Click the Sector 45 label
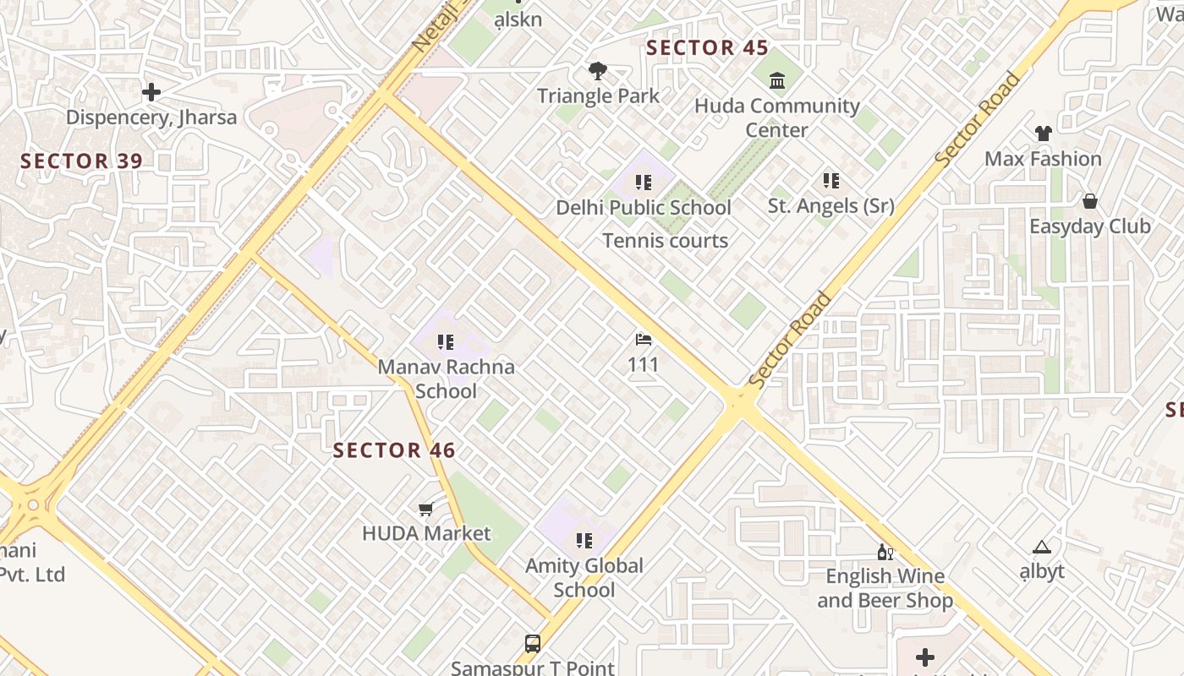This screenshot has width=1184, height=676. pos(707,48)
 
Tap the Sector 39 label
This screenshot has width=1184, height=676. pos(81,161)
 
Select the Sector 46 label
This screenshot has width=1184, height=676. pos(394,450)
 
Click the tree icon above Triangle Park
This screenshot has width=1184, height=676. pos(598,71)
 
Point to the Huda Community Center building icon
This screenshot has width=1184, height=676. pos(776,81)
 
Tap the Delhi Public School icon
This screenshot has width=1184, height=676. pos(644,183)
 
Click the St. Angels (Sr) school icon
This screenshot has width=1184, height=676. pos(830,181)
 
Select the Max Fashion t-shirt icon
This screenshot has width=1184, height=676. pos(1043,134)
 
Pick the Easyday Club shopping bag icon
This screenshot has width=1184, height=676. pos(1090,201)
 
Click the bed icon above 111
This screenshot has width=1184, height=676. pos(644,340)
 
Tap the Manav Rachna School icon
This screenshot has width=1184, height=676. pos(446,342)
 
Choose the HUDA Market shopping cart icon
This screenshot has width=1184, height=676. pos(426,509)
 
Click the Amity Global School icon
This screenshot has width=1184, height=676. pos(584,540)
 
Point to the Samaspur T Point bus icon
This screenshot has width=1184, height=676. pos(532,644)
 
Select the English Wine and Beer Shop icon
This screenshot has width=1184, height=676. pos(885,552)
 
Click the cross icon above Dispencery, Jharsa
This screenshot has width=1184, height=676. pos(151,92)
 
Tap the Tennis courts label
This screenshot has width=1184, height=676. pos(665,241)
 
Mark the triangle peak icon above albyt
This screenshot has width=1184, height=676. pos(1041,548)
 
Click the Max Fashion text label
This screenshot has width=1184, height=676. pos(1043,159)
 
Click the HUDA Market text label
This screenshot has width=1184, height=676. pos(426,533)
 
